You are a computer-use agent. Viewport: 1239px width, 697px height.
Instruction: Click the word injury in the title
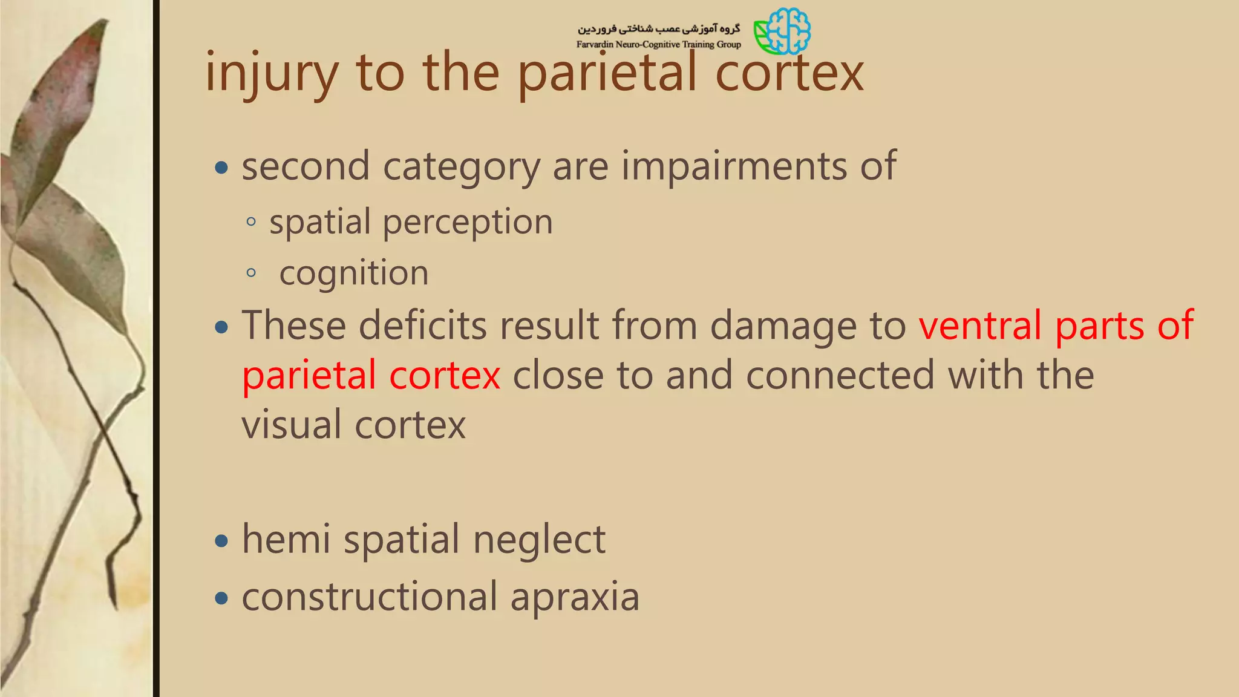pyautogui.click(x=271, y=74)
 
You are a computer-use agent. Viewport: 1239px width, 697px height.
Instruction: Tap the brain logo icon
pyautogui.click(x=782, y=31)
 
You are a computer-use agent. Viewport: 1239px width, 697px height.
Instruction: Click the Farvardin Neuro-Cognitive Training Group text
pyautogui.click(x=658, y=44)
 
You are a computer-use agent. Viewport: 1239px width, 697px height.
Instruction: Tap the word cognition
pyautogui.click(x=354, y=273)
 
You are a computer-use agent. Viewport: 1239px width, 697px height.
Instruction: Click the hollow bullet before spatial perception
pyautogui.click(x=252, y=222)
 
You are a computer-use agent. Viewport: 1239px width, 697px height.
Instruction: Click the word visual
pyautogui.click(x=292, y=425)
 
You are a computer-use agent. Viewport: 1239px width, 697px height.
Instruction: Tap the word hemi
pyautogui.click(x=286, y=539)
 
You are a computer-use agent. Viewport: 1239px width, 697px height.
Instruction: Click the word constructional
pyautogui.click(x=370, y=597)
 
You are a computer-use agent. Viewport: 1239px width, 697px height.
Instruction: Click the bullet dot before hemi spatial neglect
pyautogui.click(x=222, y=540)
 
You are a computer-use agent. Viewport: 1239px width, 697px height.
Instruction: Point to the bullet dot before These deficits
pyautogui.click(x=222, y=327)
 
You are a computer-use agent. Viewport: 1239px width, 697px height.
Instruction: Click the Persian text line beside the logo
pyautogui.click(x=658, y=28)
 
